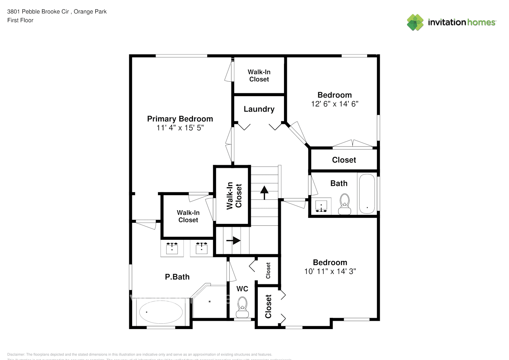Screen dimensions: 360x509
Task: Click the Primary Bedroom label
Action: [x=180, y=119]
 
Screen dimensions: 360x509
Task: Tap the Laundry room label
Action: [x=259, y=109]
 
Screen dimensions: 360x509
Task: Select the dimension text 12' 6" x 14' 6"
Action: [x=334, y=104]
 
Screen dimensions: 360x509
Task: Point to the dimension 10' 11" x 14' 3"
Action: [x=330, y=271]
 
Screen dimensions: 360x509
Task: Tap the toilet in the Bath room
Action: [x=344, y=204]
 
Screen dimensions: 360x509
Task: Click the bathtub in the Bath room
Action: [x=367, y=194]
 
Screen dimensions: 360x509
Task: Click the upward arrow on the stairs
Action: [x=265, y=192]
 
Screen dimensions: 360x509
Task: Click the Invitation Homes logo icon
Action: [x=415, y=22]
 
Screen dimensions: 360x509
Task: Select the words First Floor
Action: [x=20, y=21]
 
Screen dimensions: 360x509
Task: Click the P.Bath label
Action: [x=177, y=277]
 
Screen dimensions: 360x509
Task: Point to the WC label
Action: [x=242, y=289]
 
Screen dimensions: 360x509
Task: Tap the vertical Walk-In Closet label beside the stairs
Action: [x=234, y=195]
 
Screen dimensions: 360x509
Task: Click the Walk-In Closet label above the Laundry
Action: [x=259, y=76]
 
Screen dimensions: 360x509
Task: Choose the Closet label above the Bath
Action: [x=344, y=160]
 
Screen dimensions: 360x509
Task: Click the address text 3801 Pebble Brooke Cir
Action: [x=38, y=12]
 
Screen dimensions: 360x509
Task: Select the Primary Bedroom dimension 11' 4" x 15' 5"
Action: [x=180, y=128]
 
